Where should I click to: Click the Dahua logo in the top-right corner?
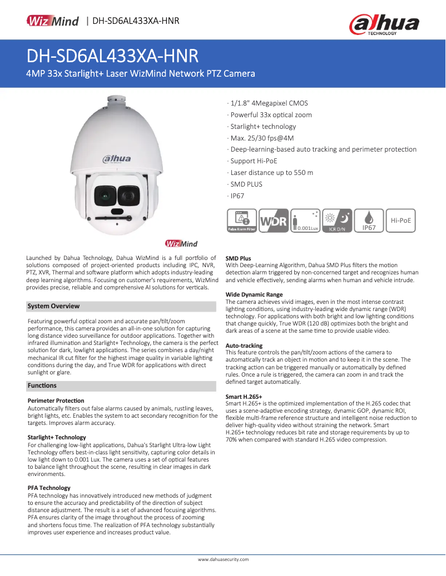pyautogui.click(x=383, y=24)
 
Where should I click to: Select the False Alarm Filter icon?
pyautogui.click(x=241, y=221)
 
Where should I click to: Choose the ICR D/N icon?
pyautogui.click(x=339, y=221)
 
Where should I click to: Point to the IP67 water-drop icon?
pyautogui.click(x=370, y=221)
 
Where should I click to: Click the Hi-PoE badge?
pyautogui.click(x=401, y=221)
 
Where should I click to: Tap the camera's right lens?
pyautogui.click(x=129, y=195)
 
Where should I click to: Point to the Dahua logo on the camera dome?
pyautogui.click(x=116, y=159)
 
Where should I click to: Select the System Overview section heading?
pyautogui.click(x=54, y=306)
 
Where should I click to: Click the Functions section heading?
pyautogui.click(x=42, y=385)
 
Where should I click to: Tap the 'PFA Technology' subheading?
pyautogui.click(x=49, y=488)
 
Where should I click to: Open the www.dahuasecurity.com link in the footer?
pyautogui.click(x=224, y=559)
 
